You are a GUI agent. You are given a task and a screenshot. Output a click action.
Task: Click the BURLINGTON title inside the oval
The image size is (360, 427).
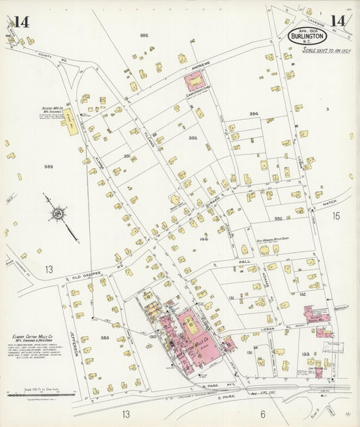309,35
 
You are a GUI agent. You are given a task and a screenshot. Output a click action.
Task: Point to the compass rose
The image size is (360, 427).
58,215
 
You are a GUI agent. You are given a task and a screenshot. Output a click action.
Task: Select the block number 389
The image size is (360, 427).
49,166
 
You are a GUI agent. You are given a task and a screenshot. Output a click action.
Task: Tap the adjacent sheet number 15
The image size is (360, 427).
336,216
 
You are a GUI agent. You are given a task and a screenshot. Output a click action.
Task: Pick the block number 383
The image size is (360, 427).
105,337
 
